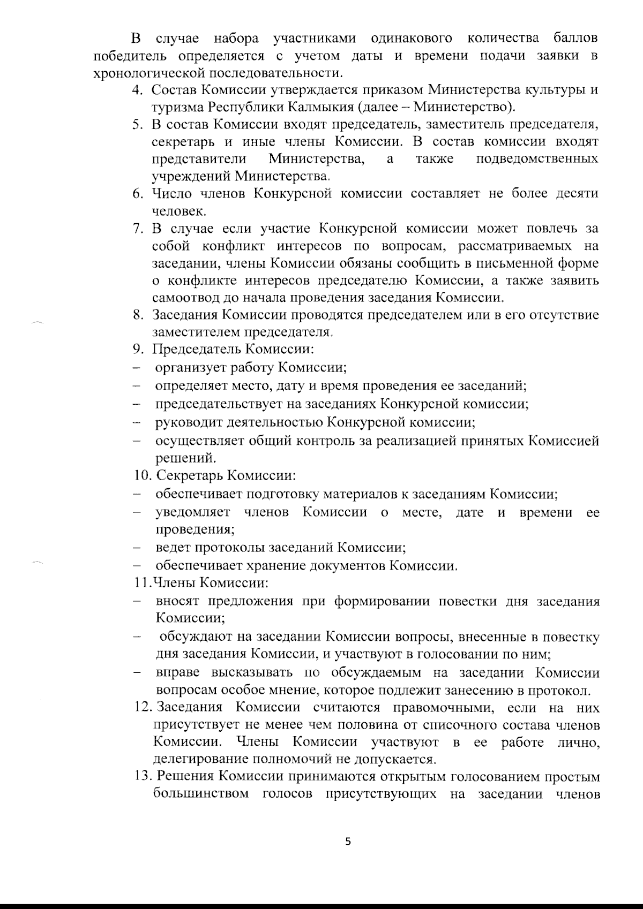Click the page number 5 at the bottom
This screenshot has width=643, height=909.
[348, 842]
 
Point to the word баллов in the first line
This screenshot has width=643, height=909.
[574, 39]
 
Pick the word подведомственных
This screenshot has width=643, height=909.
[537, 159]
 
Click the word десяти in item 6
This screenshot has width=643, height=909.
[578, 193]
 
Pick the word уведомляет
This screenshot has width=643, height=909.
[193, 512]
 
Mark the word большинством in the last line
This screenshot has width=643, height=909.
[201, 794]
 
